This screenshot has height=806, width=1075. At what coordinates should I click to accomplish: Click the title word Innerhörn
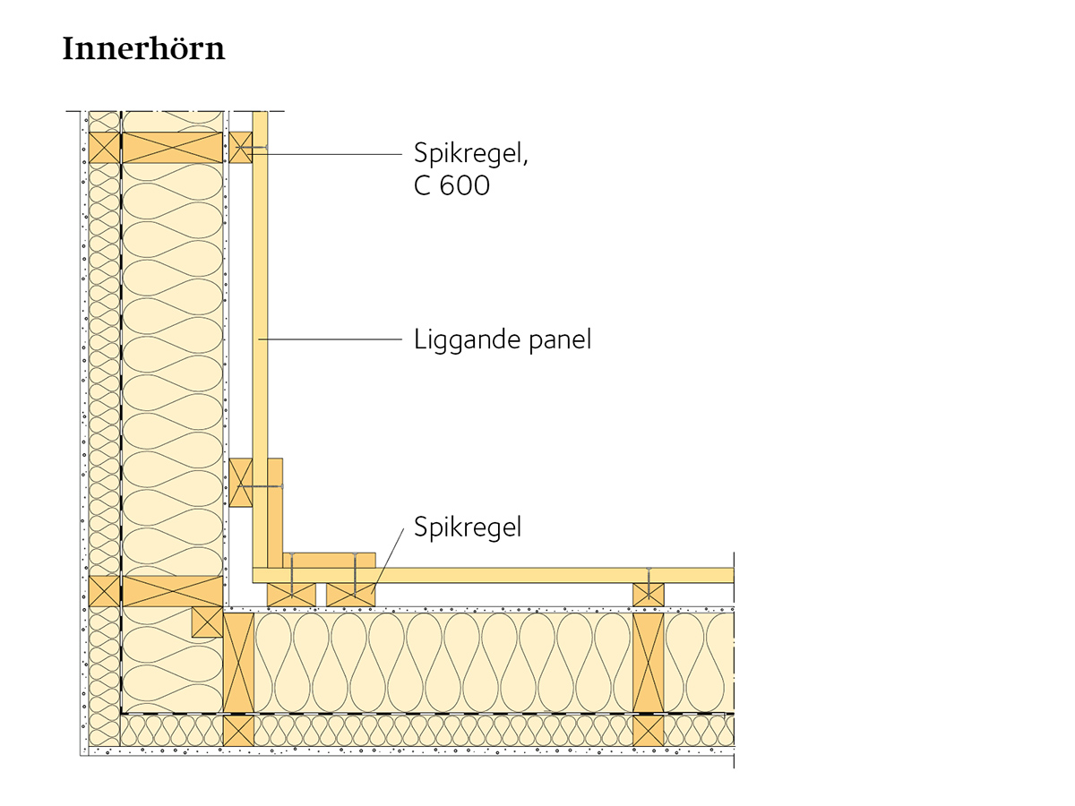(x=143, y=48)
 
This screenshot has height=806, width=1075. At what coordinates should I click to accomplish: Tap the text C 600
(x=451, y=186)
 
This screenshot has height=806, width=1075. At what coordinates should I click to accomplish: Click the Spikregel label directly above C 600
(x=471, y=152)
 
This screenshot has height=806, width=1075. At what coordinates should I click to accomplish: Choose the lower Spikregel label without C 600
(x=467, y=527)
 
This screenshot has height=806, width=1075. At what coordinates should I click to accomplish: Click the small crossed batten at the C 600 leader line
(x=240, y=147)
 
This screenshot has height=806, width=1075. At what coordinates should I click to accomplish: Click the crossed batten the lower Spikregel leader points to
(x=350, y=594)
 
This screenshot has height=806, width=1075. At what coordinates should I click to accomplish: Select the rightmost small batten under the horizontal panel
(x=649, y=594)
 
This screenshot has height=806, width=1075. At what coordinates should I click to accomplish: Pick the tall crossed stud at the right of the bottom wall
(x=649, y=663)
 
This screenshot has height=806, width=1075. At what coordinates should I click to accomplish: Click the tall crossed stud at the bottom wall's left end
(x=239, y=663)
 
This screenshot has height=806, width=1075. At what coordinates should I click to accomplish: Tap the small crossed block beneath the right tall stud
(x=649, y=730)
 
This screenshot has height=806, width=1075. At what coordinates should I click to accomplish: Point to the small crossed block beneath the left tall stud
(x=239, y=730)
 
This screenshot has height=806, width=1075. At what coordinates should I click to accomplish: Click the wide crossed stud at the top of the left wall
(x=172, y=147)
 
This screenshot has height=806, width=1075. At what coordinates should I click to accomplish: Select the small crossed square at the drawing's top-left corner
(x=104, y=147)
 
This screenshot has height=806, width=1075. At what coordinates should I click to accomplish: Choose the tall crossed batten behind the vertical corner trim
(x=240, y=482)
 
